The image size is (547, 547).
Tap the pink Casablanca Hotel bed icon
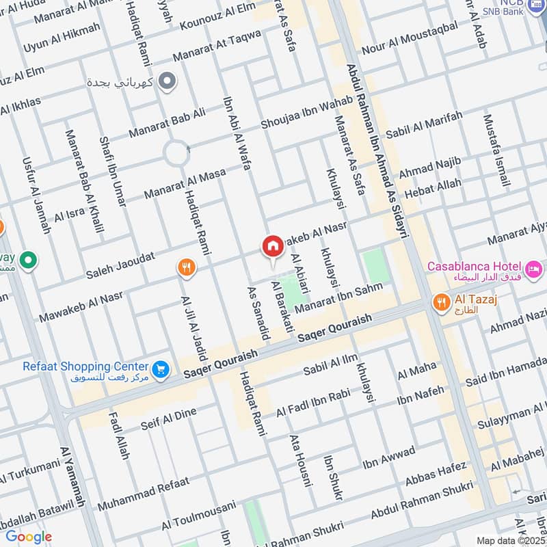pyautogui.click(x=534, y=266)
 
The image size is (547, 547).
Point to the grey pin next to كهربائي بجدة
pyautogui.click(x=166, y=82)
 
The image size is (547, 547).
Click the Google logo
pyautogui.click(x=28, y=536)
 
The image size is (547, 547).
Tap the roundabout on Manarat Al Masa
pyautogui.click(x=176, y=153)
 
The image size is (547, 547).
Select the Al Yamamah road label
pyautogui.click(x=72, y=477)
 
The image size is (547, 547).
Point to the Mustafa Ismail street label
pyautogui.click(x=496, y=151)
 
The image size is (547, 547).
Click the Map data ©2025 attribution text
pyautogui.click(x=510, y=540)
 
